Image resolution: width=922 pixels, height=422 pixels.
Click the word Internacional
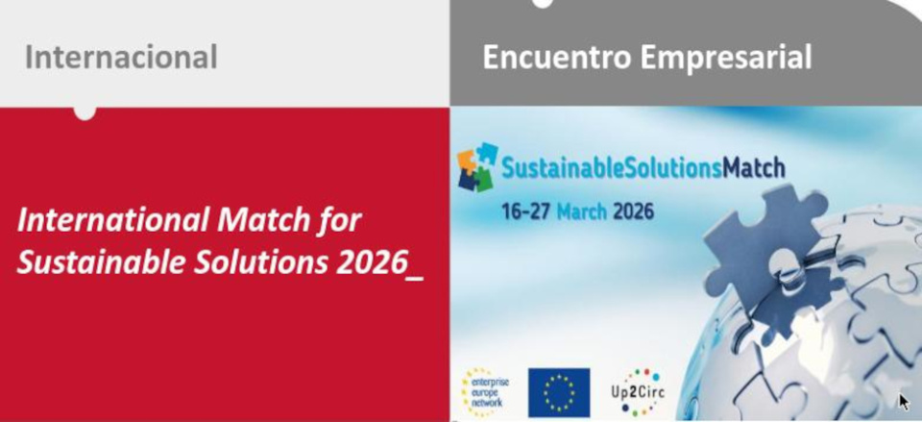tap(121, 58)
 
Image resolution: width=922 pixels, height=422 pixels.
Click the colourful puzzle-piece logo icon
tap(478, 167)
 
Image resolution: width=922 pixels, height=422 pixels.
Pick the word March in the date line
tap(582, 211)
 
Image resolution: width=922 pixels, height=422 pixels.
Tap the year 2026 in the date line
tap(633, 211)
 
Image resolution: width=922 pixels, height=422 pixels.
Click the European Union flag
tap(559, 392)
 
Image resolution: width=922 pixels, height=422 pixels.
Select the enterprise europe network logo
tap(485, 392)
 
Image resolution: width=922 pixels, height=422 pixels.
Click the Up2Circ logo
tap(638, 392)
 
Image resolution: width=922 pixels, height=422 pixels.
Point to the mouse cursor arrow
tap(904, 402)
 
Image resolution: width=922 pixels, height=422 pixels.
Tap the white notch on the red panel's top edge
tap(85, 113)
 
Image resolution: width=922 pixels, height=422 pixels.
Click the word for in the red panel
tap(345, 220)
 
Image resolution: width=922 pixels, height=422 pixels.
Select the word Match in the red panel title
tap(269, 220)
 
